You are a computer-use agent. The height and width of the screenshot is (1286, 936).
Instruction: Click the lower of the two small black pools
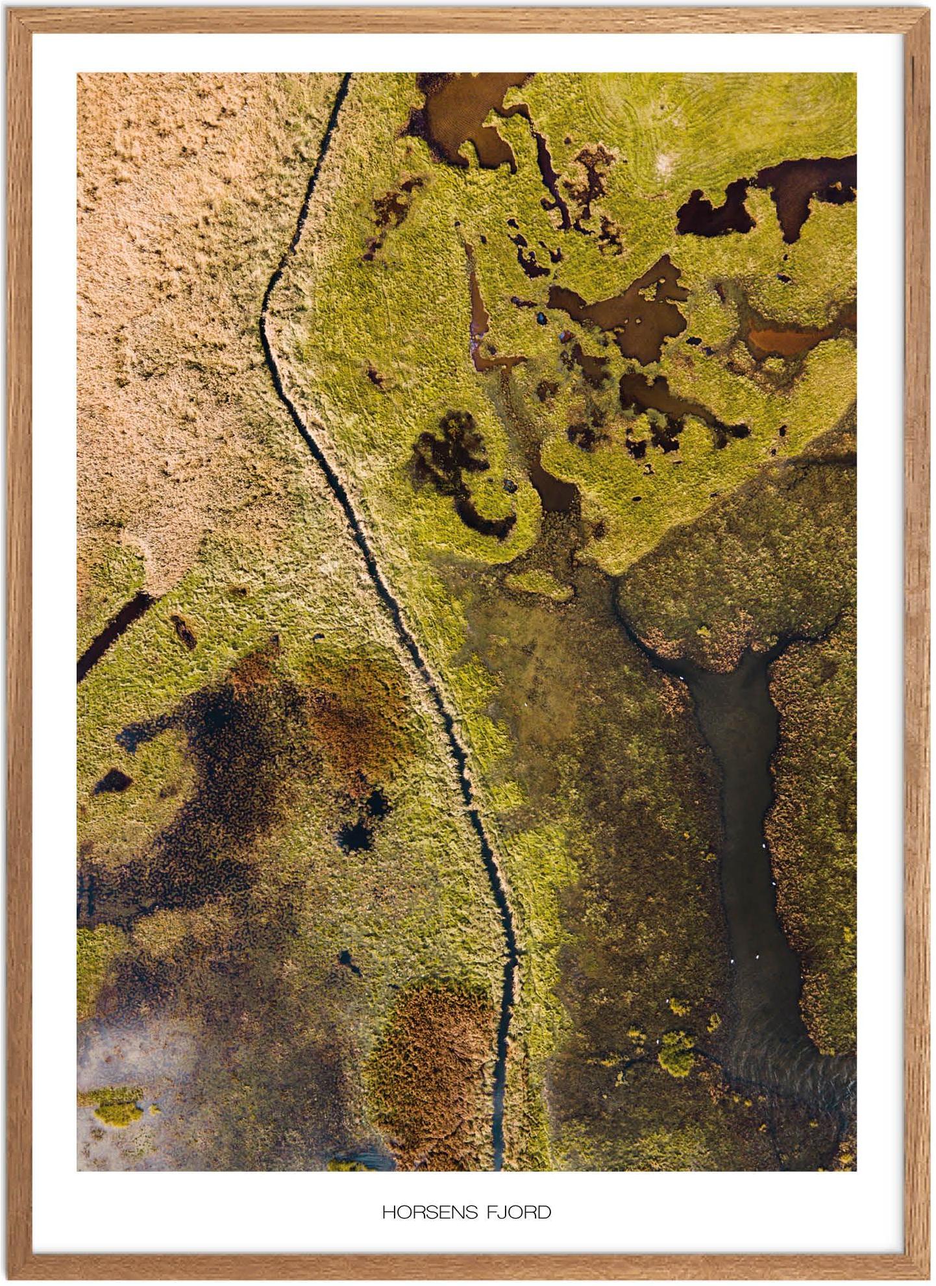point(354,837)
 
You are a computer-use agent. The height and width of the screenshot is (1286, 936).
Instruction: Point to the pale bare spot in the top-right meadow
point(665,162)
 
